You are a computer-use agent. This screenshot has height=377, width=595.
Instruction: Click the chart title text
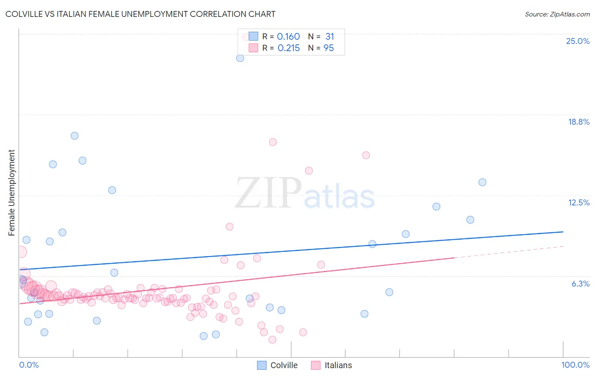[x=140, y=14]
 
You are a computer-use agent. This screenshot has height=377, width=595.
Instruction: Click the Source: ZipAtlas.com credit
[x=557, y=14]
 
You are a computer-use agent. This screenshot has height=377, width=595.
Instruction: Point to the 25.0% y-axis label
[x=578, y=41]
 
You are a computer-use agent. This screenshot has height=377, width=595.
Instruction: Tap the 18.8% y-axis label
[x=578, y=122]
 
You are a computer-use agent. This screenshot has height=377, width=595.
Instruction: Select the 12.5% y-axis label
[x=578, y=202]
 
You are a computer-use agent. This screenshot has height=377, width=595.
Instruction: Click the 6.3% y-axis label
[x=580, y=284]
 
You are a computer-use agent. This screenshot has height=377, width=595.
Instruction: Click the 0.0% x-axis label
[x=29, y=365]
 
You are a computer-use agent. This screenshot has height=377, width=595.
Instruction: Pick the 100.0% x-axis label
[x=575, y=365]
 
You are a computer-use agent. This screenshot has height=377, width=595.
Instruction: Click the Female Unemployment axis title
[x=11, y=192]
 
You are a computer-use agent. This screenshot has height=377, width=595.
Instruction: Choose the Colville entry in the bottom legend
[x=277, y=365]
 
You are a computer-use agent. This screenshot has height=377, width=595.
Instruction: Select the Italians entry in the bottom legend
[x=331, y=365]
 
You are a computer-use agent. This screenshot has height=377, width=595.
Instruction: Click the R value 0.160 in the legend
[x=288, y=37]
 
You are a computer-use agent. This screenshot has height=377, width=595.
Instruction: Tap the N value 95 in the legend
[x=328, y=48]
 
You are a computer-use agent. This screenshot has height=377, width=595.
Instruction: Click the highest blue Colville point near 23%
[x=240, y=58]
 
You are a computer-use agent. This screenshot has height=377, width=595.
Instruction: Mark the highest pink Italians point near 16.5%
[x=273, y=142]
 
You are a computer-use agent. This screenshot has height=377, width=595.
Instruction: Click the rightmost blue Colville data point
[x=482, y=182]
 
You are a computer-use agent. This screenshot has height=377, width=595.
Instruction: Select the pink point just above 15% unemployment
[x=366, y=155]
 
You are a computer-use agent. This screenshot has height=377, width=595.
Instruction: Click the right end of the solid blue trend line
[x=563, y=232]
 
